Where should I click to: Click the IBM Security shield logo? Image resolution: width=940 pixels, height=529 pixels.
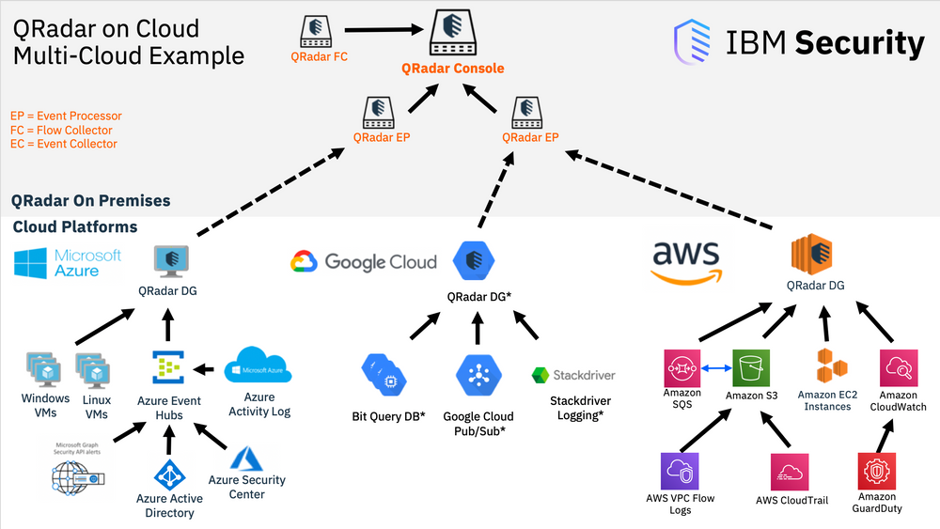(x=693, y=42)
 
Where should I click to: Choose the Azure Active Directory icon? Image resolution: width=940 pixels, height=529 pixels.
(x=170, y=474)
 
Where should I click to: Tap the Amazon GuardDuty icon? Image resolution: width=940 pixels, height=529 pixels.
(x=877, y=470)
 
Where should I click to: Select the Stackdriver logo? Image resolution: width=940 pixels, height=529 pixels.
(x=573, y=375)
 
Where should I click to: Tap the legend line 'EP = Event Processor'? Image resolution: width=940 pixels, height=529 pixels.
(x=66, y=117)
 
